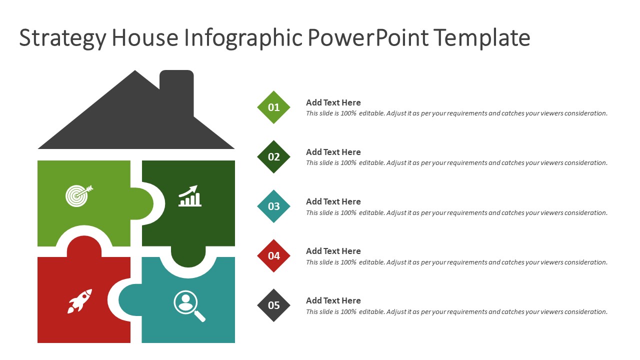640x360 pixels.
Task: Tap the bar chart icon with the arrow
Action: pyautogui.click(x=190, y=196)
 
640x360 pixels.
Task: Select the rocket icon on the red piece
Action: pyautogui.click(x=80, y=300)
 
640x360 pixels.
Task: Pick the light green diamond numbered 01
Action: pyautogui.click(x=273, y=107)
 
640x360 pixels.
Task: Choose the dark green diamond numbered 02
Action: pyautogui.click(x=273, y=156)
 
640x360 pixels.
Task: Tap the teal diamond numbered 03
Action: pyautogui.click(x=273, y=206)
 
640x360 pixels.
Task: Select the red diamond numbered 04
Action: pyautogui.click(x=273, y=255)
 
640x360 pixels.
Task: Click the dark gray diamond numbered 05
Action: pyautogui.click(x=273, y=305)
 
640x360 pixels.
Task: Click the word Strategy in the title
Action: pyautogui.click(x=62, y=38)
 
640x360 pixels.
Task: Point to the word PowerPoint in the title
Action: pyautogui.click(x=367, y=37)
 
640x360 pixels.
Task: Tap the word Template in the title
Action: pyautogui.click(x=481, y=37)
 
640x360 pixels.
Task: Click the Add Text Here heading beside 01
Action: pyautogui.click(x=333, y=102)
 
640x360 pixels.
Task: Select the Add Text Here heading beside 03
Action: pyautogui.click(x=333, y=201)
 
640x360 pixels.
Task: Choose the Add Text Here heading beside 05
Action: pyautogui.click(x=333, y=300)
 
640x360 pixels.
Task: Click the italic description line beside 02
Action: pyautogui.click(x=456, y=163)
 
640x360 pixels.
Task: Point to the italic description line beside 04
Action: pyautogui.click(x=456, y=262)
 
